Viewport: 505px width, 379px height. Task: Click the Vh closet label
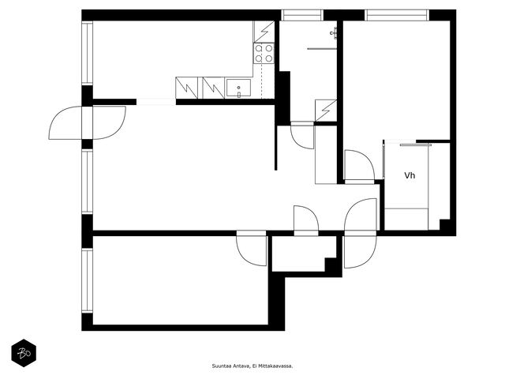410,175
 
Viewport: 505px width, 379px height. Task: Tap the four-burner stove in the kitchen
264,53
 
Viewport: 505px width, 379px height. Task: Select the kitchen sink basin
238,88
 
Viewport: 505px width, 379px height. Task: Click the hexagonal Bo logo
24,353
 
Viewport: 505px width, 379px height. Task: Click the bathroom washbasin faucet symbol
334,33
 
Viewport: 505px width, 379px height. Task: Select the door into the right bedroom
360,166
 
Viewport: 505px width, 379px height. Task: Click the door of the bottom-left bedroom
252,250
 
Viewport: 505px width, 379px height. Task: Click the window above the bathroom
302,16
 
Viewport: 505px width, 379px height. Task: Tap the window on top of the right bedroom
397,16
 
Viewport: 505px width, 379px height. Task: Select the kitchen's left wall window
88,53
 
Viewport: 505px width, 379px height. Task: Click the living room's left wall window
88,182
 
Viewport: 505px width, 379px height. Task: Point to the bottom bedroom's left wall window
88,280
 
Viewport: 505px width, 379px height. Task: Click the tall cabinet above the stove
264,32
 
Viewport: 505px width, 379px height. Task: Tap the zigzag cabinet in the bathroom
326,111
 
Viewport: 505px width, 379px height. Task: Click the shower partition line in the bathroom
322,49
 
